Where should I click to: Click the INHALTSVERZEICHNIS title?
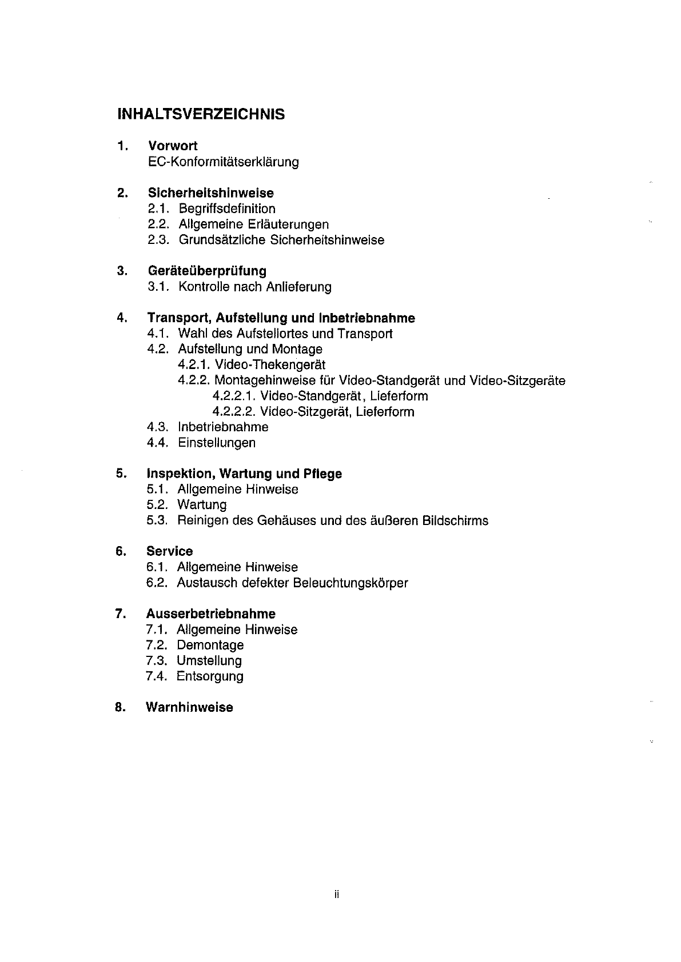pos(201,114)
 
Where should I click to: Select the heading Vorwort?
pos(173,146)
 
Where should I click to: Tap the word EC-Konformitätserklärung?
pos(223,162)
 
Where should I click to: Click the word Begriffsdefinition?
pos(227,209)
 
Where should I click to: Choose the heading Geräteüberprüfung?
pos(207,271)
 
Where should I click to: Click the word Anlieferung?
pos(298,287)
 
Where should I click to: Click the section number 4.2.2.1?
pos(233,396)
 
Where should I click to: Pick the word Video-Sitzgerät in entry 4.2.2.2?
pos(305,412)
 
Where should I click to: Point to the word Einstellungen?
pos(217,443)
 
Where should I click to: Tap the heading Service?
pos(170,552)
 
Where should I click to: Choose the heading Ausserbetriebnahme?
pos(211,614)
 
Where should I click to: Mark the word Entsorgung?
pos(210,676)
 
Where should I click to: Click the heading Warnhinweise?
pos(190,708)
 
